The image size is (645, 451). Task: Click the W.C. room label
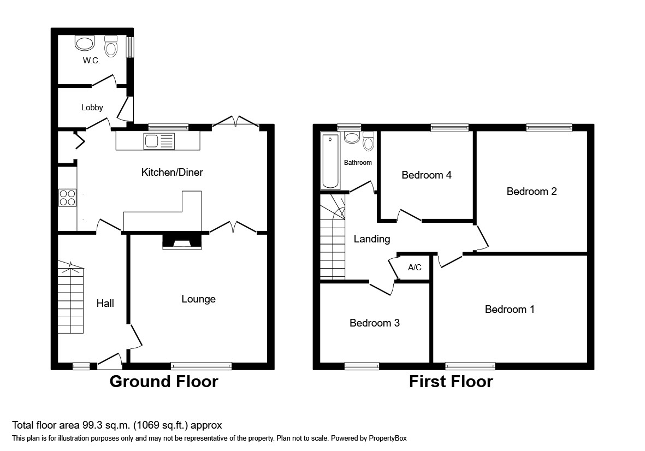[x=91, y=61]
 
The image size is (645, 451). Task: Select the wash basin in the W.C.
[x=85, y=43]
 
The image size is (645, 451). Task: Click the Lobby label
[x=92, y=108]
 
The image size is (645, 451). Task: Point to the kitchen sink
[x=158, y=141]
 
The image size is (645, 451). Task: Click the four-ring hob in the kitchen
[x=67, y=197]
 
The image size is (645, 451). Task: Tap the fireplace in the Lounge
[x=182, y=242]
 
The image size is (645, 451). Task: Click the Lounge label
[x=198, y=299]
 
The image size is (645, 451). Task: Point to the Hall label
[x=105, y=303]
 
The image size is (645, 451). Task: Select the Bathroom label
[x=358, y=163]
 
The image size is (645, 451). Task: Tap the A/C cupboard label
[x=415, y=268]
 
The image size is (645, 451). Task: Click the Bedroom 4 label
[x=427, y=175]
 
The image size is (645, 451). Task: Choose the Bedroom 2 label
[x=531, y=192]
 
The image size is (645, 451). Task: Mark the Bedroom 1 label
[x=510, y=310]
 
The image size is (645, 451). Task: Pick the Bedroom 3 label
[x=375, y=323]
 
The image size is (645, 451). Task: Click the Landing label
[x=372, y=239]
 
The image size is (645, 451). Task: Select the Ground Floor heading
[x=164, y=381]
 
